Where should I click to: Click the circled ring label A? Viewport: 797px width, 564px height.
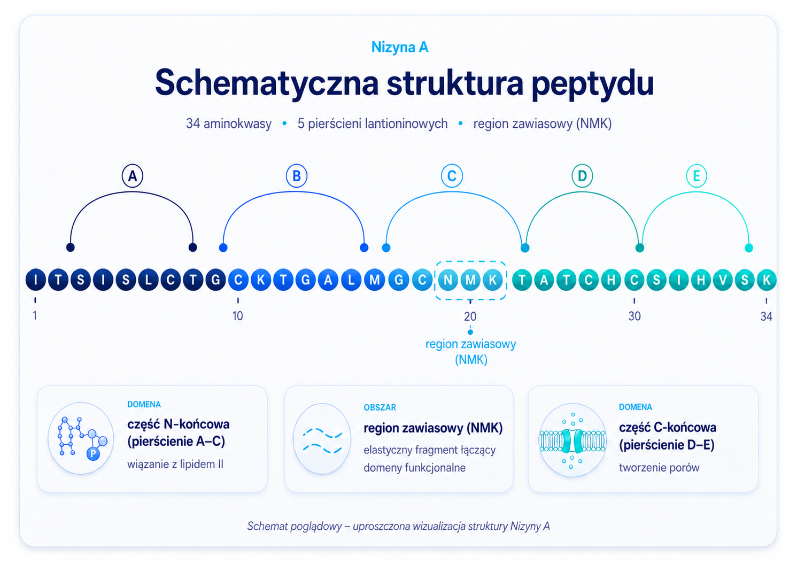point(133,176)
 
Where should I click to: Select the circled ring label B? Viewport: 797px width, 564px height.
point(297,176)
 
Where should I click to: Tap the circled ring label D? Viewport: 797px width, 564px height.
point(582,176)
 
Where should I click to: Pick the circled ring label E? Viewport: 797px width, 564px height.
point(697,176)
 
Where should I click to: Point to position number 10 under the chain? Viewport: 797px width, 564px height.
point(238,316)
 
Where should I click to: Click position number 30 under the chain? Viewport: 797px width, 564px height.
point(634,316)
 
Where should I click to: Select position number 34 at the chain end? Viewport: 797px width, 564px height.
point(767,316)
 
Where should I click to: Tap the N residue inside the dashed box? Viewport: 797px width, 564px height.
point(448,280)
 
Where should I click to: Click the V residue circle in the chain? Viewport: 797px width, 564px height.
point(723,280)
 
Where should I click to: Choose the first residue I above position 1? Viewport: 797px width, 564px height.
point(36,280)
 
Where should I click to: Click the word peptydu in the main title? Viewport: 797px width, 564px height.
point(593,83)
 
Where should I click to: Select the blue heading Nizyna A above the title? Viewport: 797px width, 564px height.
point(399,48)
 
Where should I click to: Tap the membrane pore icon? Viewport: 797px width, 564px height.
point(572,440)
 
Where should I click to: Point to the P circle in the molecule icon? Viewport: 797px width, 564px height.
point(93,454)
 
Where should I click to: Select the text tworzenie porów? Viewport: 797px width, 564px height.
point(659,467)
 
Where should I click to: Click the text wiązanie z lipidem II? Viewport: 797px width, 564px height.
point(175,464)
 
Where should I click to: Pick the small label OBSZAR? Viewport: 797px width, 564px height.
point(380,407)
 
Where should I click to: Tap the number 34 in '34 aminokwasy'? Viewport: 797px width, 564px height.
point(193,123)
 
